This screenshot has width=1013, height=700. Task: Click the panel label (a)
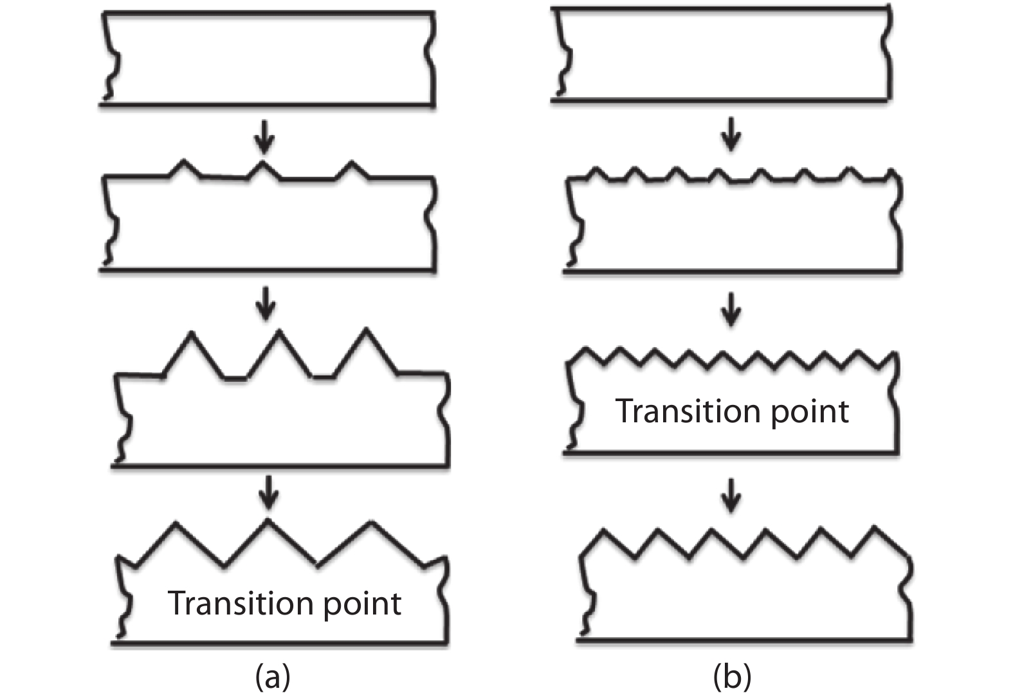point(273,677)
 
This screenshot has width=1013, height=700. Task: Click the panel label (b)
point(732,677)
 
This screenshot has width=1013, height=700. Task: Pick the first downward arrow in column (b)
point(731,135)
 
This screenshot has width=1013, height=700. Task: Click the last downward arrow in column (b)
point(731,495)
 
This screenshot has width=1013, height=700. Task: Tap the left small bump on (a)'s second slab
point(185,167)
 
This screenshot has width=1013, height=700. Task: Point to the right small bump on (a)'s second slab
point(351,169)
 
